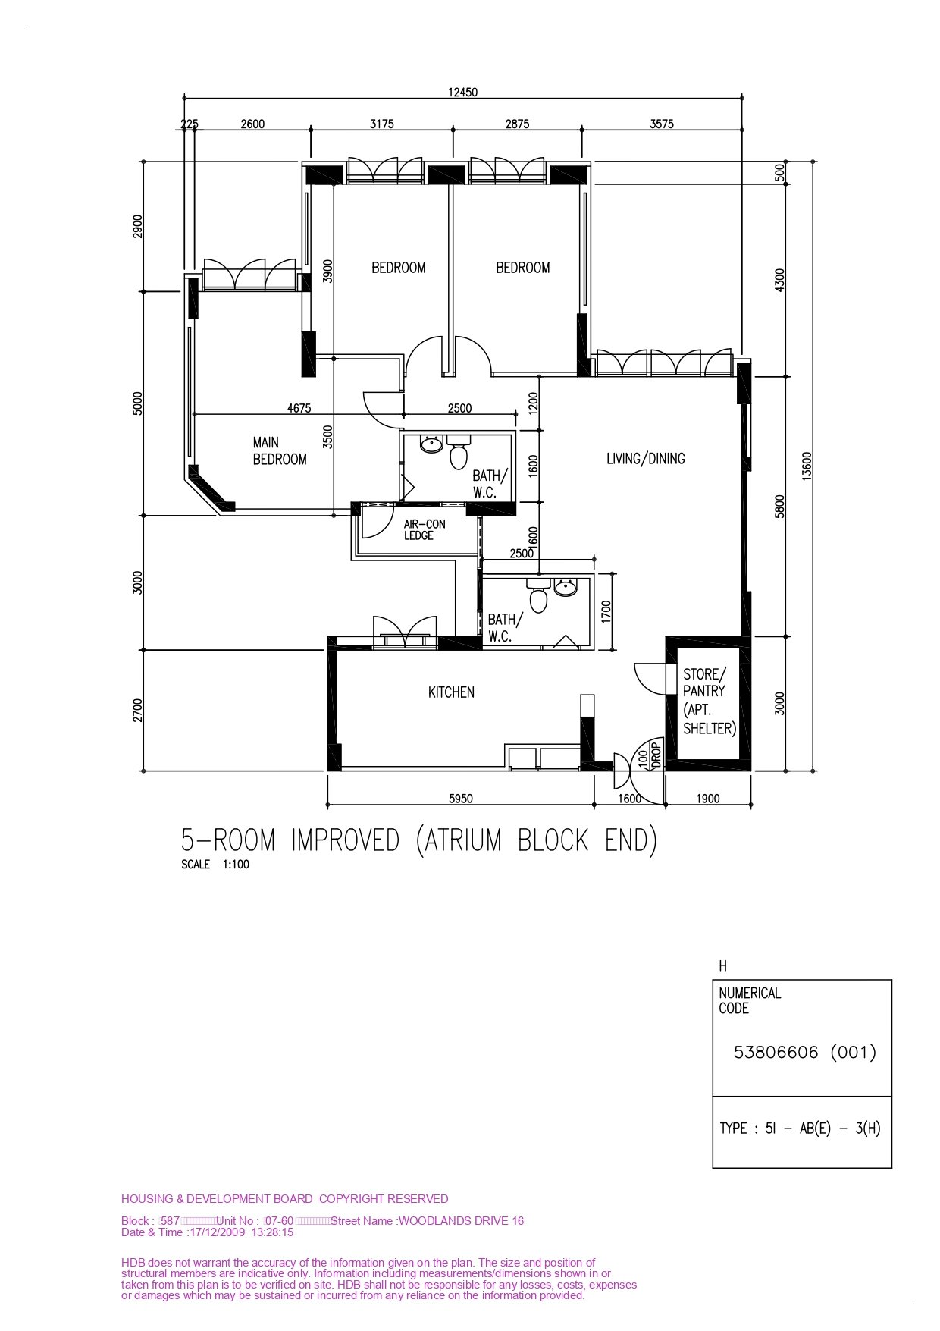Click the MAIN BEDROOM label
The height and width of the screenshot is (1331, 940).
pos(280,450)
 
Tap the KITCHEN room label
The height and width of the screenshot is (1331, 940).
pos(451,692)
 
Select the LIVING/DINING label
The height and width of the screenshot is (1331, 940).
pos(646,458)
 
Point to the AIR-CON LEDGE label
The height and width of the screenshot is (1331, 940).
pos(425,529)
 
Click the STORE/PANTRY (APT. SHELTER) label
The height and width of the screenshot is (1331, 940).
pos(710,702)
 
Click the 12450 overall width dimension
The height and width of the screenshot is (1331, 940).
pos(463,93)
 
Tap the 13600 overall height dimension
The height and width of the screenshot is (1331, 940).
pos(807,466)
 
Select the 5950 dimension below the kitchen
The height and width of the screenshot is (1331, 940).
pos(461,798)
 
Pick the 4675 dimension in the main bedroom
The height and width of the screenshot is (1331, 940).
pos(299,408)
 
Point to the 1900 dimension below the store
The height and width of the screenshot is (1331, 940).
pos(708,798)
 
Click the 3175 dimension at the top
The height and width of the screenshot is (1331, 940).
pos(382,124)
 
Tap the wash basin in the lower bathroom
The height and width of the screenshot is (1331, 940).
pos(565,587)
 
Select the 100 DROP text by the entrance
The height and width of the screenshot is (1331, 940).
pos(650,755)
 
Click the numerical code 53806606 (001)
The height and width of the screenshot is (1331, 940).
pos(805,1052)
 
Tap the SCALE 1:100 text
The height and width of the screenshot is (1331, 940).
pos(215,864)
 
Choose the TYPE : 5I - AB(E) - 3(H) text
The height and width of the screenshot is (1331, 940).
pos(801,1128)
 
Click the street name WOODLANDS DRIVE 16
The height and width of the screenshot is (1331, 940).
pos(461,1220)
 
